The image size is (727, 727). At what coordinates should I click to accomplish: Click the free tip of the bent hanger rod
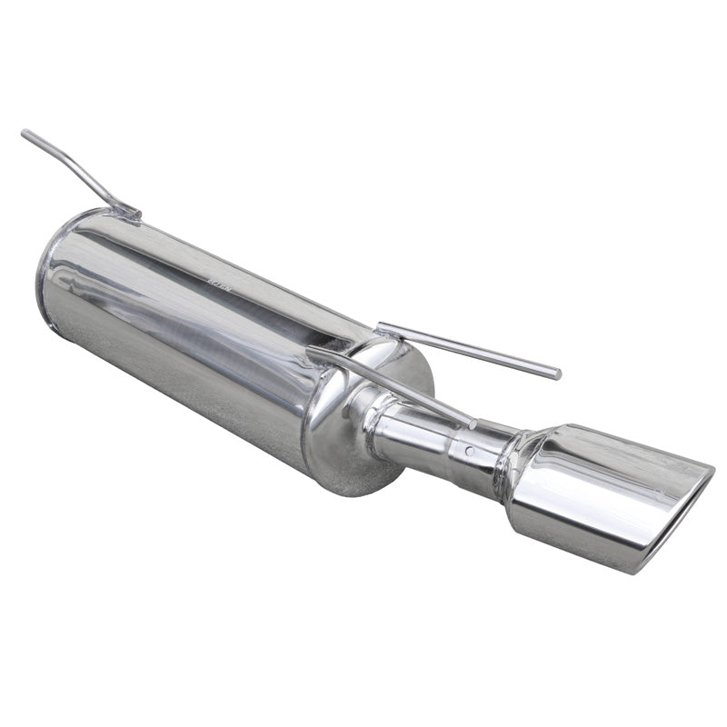pos(25,134)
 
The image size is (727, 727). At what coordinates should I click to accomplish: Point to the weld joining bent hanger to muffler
pos(131,213)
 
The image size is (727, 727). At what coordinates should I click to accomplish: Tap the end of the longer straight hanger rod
pos(556,373)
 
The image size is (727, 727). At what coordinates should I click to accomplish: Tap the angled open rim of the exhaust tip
pos(682,518)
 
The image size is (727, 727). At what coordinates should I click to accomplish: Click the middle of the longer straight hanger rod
pos(468,348)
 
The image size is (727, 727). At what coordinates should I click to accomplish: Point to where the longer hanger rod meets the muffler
pos(382,326)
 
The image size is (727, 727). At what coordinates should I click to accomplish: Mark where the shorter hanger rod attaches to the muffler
pos(314,351)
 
